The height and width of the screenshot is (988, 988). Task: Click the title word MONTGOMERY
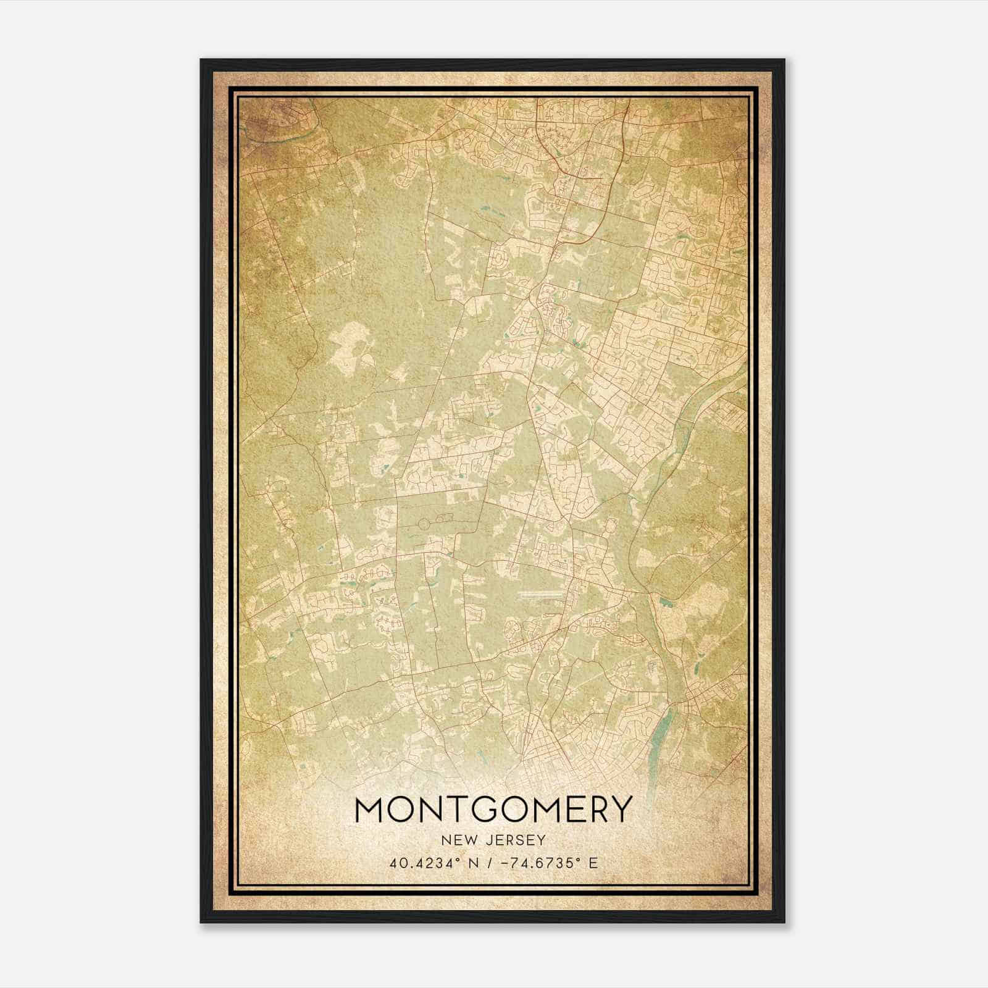(493, 810)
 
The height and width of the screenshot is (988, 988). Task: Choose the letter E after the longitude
(593, 863)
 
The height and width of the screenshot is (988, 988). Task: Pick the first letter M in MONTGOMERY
(371, 810)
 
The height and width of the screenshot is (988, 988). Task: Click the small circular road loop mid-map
(424, 524)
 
